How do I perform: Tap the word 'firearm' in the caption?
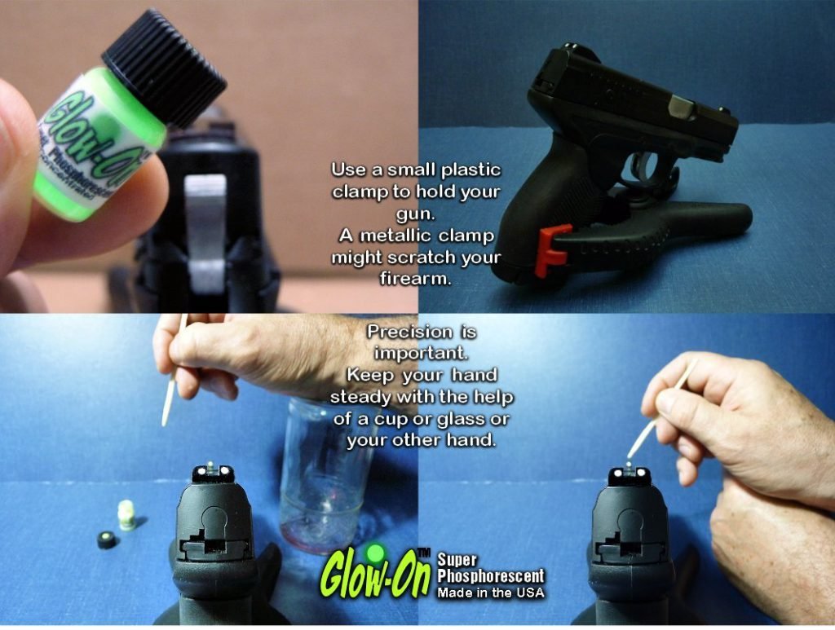tap(416, 279)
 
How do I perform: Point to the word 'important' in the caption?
tap(422, 354)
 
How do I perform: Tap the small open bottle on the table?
tap(126, 515)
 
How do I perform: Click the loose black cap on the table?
tap(107, 539)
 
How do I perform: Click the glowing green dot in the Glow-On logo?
tap(374, 553)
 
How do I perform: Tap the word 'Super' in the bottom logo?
tap(457, 561)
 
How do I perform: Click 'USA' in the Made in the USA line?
tap(526, 593)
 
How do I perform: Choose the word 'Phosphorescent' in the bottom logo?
tap(490, 577)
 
